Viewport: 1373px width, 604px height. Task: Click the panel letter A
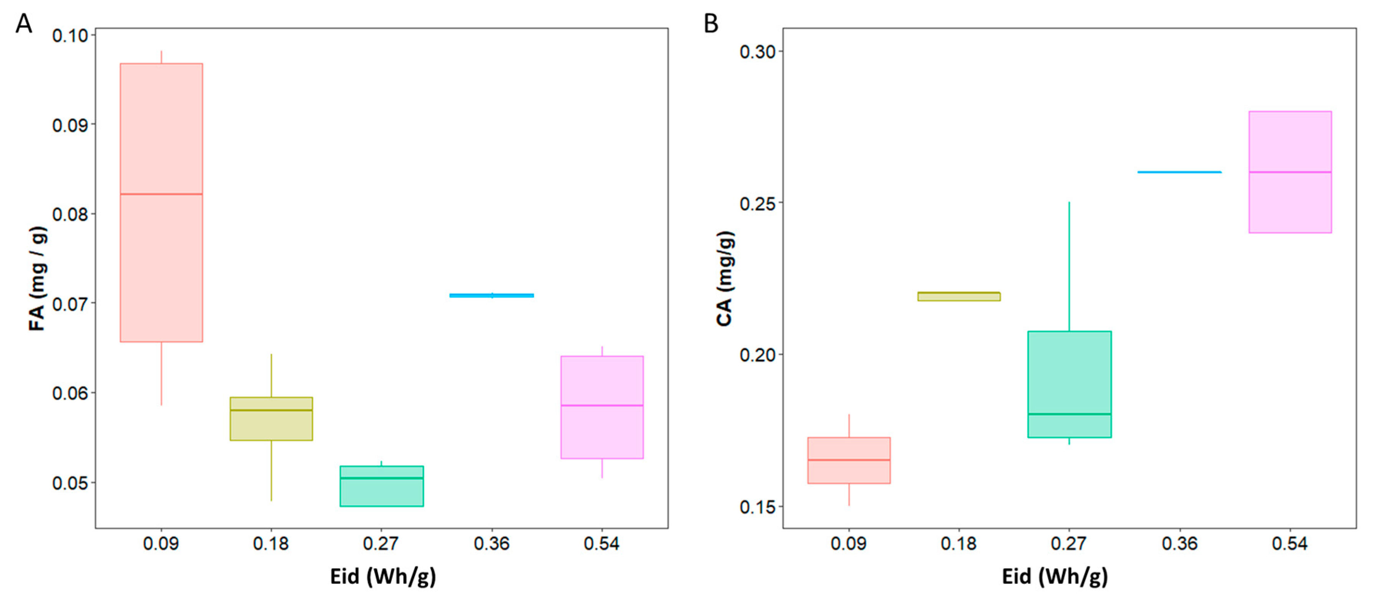(24, 24)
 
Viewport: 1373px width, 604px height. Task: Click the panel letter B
(711, 24)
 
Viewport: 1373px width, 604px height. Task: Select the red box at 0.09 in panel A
(161, 203)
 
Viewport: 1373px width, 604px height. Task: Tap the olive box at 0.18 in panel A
(271, 419)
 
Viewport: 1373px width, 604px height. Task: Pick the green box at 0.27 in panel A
(381, 486)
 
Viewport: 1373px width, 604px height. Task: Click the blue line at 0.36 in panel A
(491, 295)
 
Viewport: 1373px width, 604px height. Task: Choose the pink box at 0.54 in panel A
(602, 407)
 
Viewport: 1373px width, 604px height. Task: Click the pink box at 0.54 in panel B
(1290, 172)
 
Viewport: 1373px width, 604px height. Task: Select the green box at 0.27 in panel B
(1069, 384)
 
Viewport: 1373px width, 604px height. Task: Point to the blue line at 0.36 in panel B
(1179, 172)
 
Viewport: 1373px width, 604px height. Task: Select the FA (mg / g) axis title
(37, 278)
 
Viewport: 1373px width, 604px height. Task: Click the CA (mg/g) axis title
(725, 278)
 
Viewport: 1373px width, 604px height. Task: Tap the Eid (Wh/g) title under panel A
(383, 576)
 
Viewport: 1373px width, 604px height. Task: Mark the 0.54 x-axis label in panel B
(1290, 544)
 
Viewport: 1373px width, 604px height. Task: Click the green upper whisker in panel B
(1069, 267)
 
